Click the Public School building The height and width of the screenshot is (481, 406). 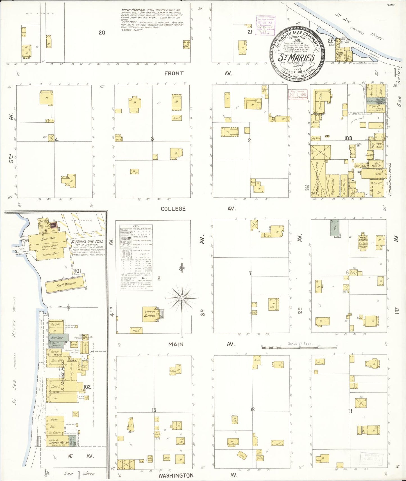[x=150, y=314]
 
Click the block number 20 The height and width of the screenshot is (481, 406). [x=102, y=33]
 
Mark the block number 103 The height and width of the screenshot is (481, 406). [x=348, y=138]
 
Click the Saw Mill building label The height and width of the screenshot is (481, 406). [x=49, y=239]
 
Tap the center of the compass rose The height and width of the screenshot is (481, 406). [x=182, y=297]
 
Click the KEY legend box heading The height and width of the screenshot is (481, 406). [x=136, y=226]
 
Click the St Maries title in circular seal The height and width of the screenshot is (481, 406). [x=296, y=58]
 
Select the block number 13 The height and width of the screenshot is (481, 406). [x=154, y=410]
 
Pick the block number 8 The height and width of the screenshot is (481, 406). [x=159, y=278]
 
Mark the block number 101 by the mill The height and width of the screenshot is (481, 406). [x=78, y=271]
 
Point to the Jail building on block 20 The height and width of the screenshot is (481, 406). [x=186, y=45]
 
